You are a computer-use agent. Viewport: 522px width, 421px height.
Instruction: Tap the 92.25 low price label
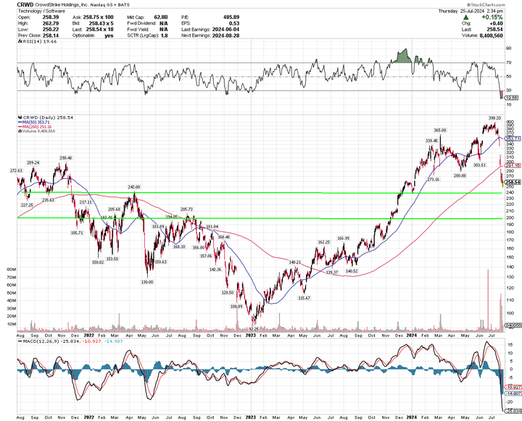click(x=254, y=328)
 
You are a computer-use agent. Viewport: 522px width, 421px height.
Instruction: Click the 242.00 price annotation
click(x=134, y=187)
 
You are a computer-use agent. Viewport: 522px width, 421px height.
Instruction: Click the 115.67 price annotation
click(x=304, y=298)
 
